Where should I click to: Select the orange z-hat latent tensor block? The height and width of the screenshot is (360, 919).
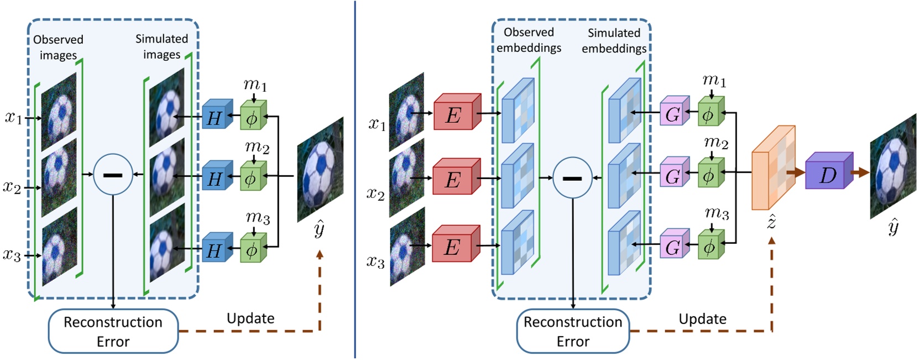pos(773,168)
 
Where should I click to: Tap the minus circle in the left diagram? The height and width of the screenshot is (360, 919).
pos(113,175)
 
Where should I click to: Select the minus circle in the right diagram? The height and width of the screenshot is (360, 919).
pos(572,178)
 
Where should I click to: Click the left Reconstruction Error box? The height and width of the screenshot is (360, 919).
pos(113,331)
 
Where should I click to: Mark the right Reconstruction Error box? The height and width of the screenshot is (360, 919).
pos(573,331)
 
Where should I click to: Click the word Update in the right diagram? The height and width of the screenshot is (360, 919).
pos(702,319)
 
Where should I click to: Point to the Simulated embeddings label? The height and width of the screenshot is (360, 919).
pos(614,41)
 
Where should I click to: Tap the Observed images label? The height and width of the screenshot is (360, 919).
pos(58,47)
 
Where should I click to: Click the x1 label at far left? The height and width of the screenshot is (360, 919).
pos(13,117)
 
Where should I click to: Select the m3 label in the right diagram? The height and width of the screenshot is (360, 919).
pos(716,212)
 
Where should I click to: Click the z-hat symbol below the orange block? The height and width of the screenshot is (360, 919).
pos(771,222)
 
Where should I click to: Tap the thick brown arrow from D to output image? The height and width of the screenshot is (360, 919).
pos(860,173)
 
